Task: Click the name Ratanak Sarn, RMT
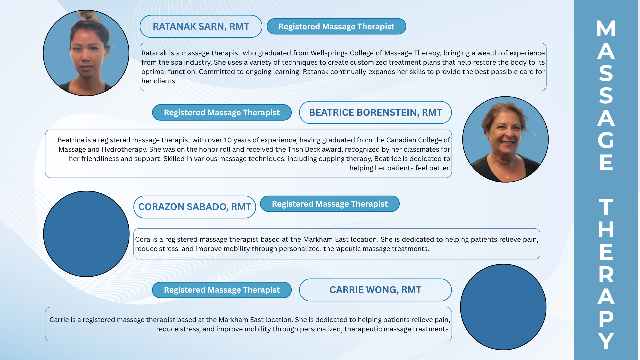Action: click(x=201, y=26)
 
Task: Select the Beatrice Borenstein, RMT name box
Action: click(x=375, y=112)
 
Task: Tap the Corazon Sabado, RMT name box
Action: click(x=195, y=207)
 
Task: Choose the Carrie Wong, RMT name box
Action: click(x=375, y=290)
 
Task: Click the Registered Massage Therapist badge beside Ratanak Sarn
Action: click(x=336, y=26)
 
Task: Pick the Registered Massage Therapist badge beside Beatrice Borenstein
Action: click(x=222, y=112)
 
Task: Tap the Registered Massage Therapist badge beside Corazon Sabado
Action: click(x=330, y=204)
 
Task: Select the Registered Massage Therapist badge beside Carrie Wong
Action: click(x=222, y=290)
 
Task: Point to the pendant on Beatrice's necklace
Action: click(x=507, y=177)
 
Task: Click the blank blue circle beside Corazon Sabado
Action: click(x=86, y=234)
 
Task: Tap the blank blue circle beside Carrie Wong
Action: click(x=503, y=307)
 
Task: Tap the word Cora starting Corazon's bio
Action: click(x=143, y=239)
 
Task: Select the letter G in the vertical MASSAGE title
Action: click(x=606, y=140)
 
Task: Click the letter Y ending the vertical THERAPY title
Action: click(x=606, y=340)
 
